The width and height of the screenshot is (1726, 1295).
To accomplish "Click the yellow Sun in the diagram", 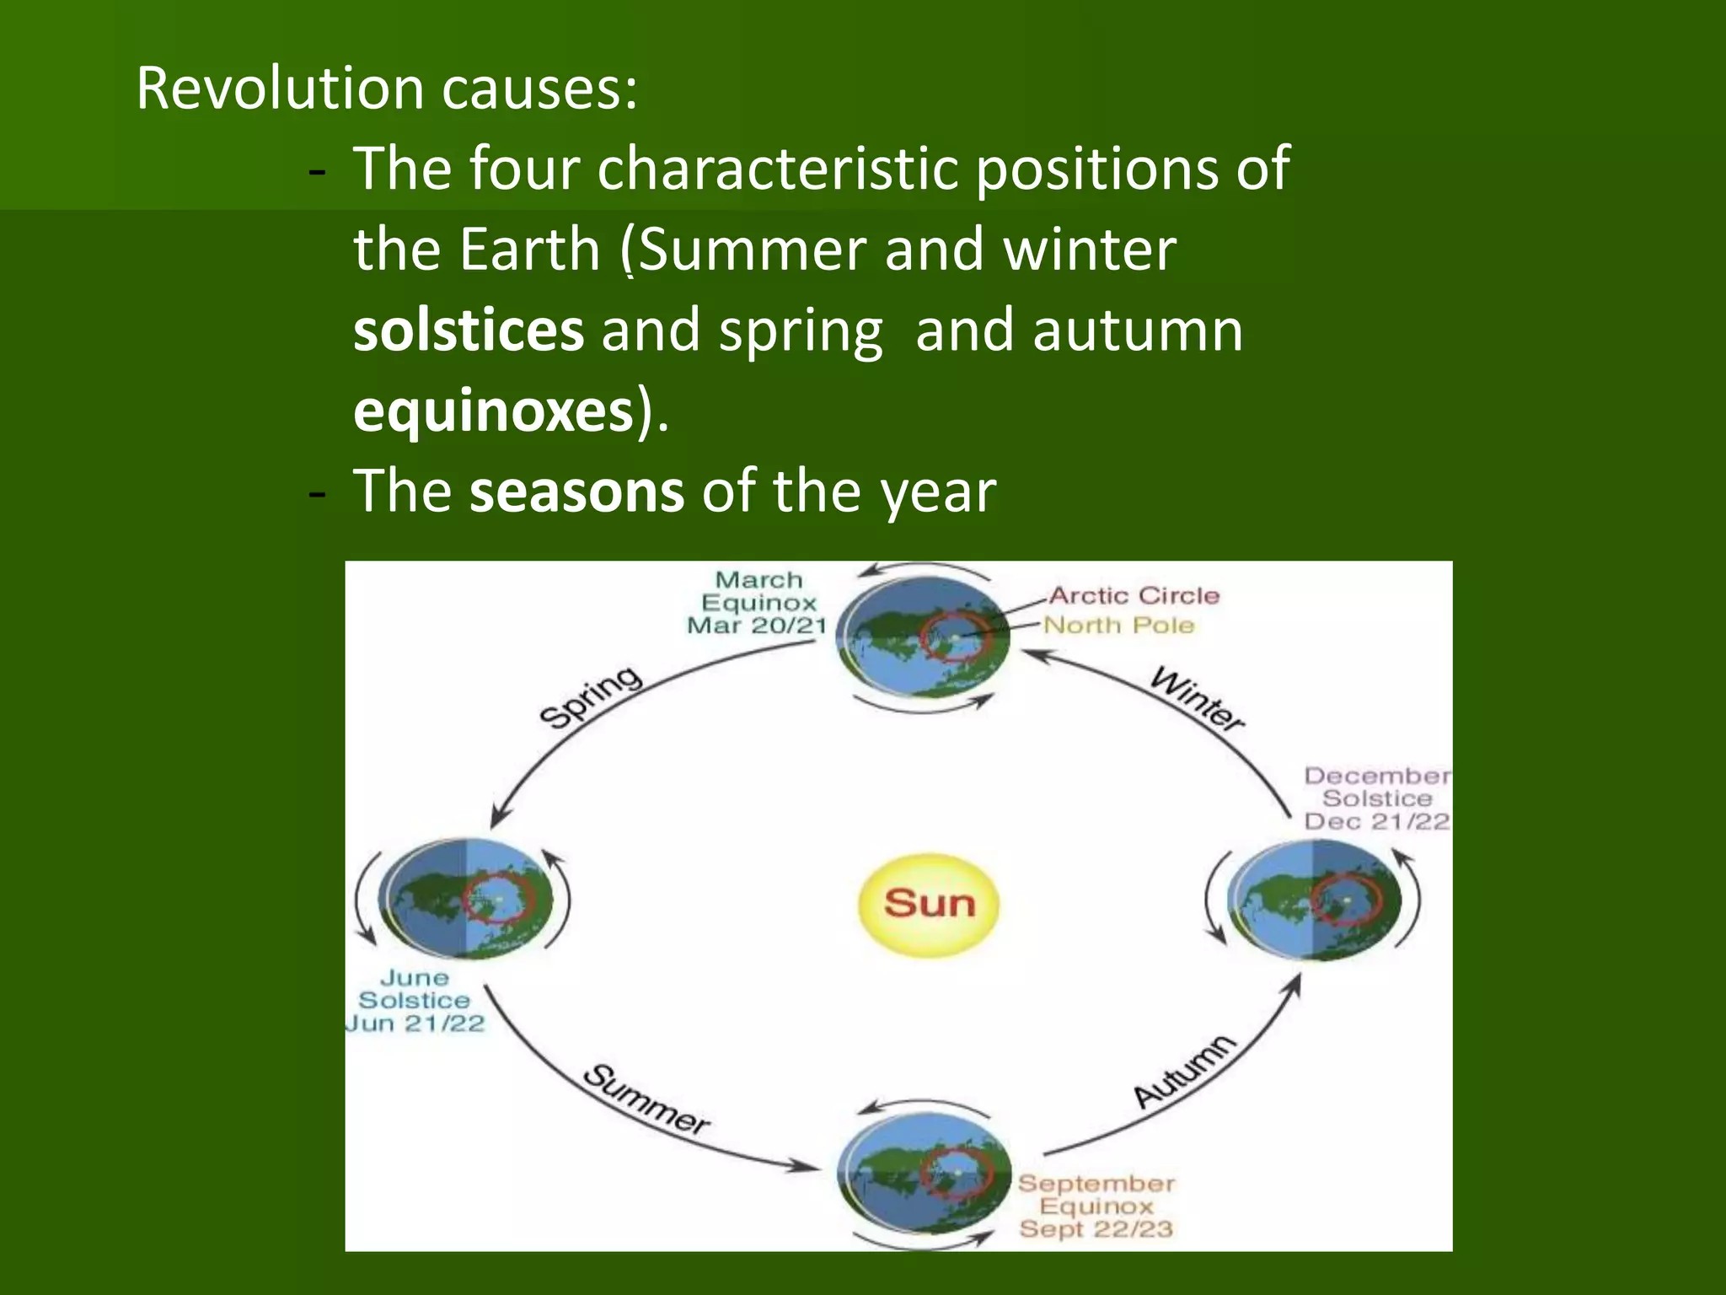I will pyautogui.click(x=929, y=904).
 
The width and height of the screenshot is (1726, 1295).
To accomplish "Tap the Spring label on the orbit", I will pyautogui.click(x=591, y=696).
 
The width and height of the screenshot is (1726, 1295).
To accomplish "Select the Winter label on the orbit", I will pyautogui.click(x=1197, y=699).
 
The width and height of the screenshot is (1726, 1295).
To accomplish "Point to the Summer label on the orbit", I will pyautogui.click(x=646, y=1099).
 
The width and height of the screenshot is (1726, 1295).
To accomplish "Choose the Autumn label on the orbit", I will pyautogui.click(x=1184, y=1070).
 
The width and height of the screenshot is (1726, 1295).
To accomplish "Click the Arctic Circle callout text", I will pyautogui.click(x=1134, y=595).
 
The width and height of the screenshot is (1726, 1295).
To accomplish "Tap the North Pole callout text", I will pyautogui.click(x=1118, y=625).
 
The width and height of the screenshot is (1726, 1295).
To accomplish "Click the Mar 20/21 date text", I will pyautogui.click(x=756, y=626).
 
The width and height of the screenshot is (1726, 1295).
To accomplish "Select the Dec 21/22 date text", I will pyautogui.click(x=1376, y=821).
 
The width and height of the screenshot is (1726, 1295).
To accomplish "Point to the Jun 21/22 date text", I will pyautogui.click(x=415, y=1024).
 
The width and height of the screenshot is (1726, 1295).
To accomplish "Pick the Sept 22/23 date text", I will pyautogui.click(x=1096, y=1229).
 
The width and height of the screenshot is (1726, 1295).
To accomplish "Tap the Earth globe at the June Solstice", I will pyautogui.click(x=466, y=899).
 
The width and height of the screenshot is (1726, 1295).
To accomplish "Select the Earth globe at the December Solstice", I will pyautogui.click(x=1315, y=900).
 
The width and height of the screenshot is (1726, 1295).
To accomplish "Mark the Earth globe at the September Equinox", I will pyautogui.click(x=925, y=1174).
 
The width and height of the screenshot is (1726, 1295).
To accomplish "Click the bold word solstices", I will pyautogui.click(x=468, y=330).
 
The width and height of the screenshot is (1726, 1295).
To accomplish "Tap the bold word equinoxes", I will pyautogui.click(x=493, y=411).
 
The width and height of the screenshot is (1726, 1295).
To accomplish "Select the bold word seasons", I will pyautogui.click(x=576, y=492).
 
